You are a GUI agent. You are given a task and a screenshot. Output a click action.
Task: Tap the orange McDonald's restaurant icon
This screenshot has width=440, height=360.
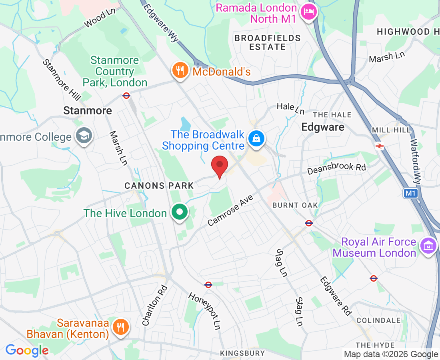(180, 71)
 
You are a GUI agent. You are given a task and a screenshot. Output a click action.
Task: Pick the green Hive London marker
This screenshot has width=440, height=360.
(180, 212)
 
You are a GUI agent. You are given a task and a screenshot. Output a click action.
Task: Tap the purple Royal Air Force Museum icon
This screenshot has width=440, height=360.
(428, 247)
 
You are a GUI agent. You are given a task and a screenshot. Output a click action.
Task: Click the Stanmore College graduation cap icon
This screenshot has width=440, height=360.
(84, 137)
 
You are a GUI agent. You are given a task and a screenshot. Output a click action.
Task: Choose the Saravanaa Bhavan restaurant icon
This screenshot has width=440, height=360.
(120, 327)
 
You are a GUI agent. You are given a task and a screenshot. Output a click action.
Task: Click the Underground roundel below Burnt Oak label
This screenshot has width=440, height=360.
(308, 223)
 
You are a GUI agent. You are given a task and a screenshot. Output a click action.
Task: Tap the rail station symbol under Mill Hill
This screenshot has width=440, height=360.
(380, 146)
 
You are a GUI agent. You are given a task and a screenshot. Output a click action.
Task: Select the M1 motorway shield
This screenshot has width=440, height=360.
(410, 194)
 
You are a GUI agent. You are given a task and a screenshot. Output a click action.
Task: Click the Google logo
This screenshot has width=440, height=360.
(27, 350)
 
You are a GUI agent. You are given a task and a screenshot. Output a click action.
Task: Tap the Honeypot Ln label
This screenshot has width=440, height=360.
(205, 309)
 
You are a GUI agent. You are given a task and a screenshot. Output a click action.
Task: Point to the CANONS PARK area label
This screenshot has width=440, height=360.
(159, 186)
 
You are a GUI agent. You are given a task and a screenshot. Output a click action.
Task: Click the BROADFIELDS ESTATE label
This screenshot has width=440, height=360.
(267, 42)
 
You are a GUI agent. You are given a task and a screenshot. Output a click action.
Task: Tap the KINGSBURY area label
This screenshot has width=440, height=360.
(242, 353)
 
